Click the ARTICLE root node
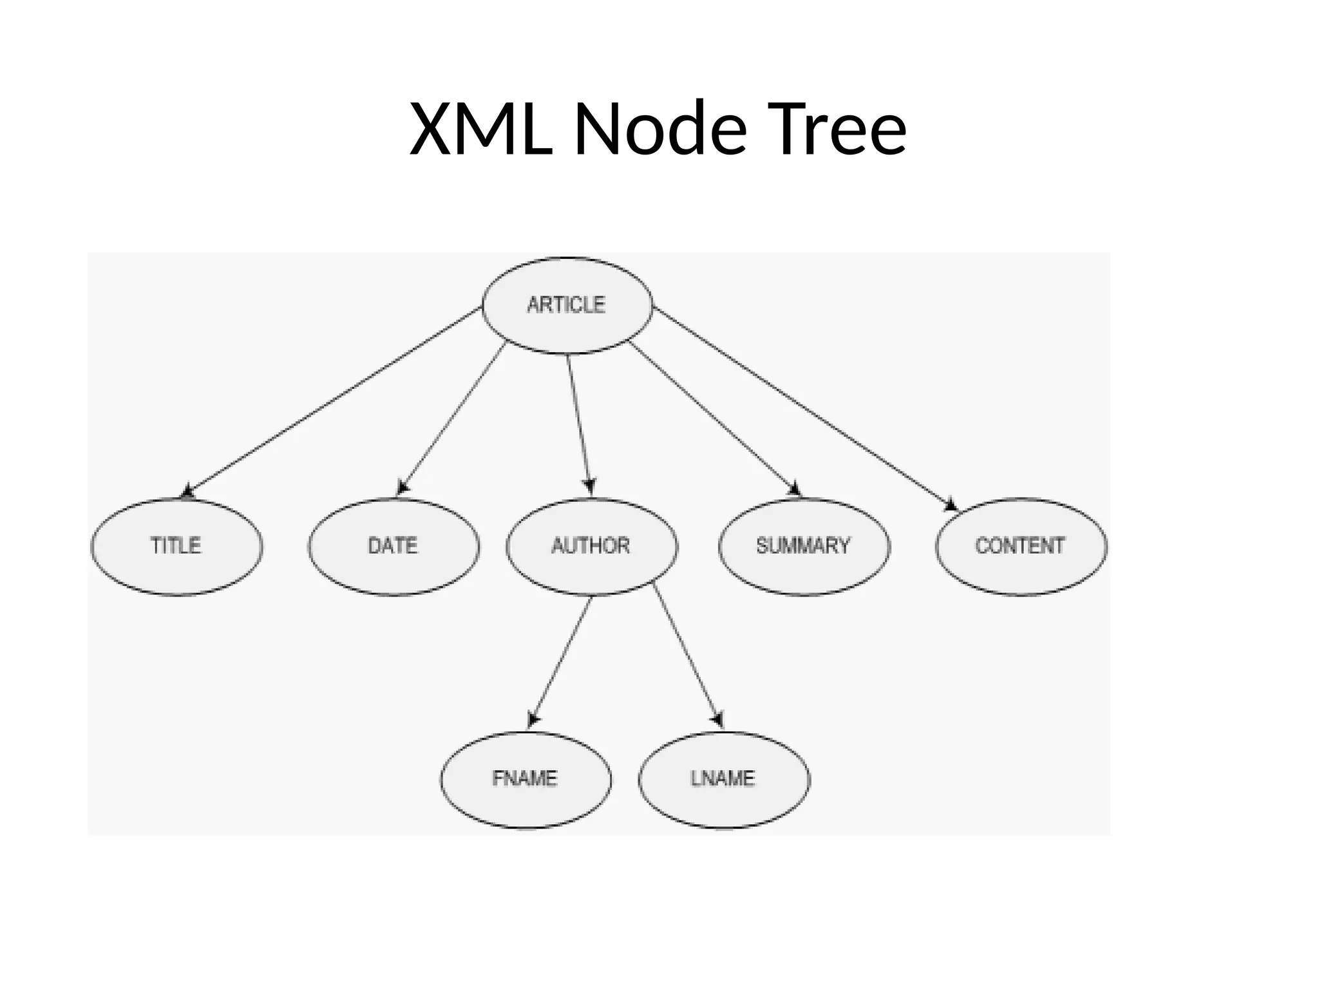coord(567,305)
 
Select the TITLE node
coord(176,546)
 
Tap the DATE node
coord(394,546)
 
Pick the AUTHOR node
coord(591,546)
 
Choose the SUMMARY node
coord(804,546)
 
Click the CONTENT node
coord(1021,546)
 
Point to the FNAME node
coord(526,779)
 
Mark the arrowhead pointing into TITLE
coord(187,492)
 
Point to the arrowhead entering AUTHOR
coord(590,486)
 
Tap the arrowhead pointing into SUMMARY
coord(794,489)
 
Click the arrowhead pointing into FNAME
coord(533,719)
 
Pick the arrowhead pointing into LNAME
coord(717,719)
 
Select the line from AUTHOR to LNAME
coord(686,654)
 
